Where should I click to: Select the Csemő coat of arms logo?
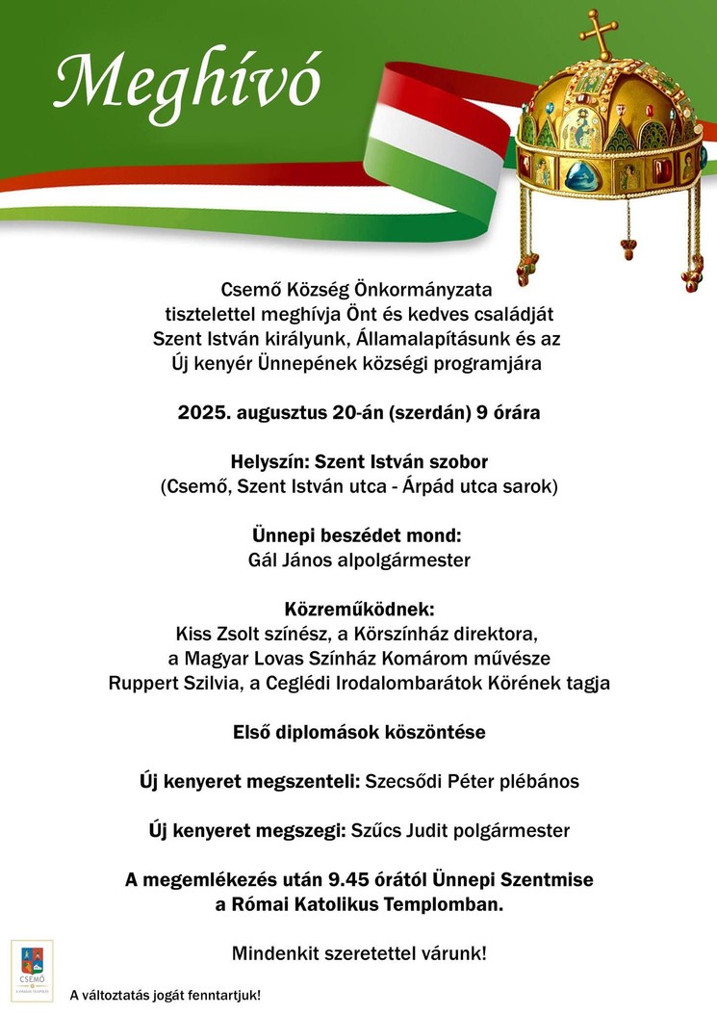[32, 970]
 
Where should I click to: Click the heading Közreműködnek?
[358, 610]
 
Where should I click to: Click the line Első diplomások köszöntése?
[358, 732]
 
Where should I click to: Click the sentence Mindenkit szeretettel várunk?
[358, 954]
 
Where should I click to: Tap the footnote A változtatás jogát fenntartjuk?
[165, 995]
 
